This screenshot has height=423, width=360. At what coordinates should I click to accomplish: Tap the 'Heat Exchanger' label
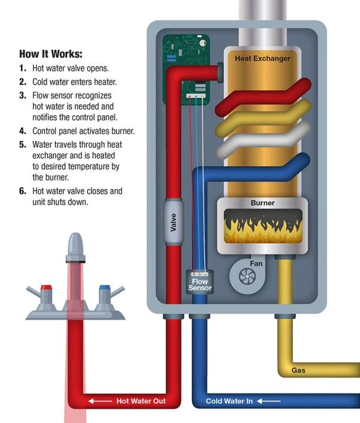(262, 58)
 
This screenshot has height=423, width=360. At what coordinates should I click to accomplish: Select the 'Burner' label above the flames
(262, 203)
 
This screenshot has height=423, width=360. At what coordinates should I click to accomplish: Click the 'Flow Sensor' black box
(199, 284)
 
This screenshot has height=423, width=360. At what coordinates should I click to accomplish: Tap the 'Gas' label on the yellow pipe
(298, 370)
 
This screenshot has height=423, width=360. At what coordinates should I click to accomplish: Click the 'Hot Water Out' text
(141, 401)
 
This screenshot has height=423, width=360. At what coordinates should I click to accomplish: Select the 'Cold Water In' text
(229, 401)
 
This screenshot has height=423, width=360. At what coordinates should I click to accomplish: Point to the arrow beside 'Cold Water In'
(270, 401)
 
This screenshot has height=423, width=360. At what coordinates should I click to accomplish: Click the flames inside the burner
(262, 227)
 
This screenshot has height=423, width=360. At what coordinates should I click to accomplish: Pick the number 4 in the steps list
(22, 131)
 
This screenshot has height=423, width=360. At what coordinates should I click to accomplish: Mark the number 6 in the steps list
(22, 191)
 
